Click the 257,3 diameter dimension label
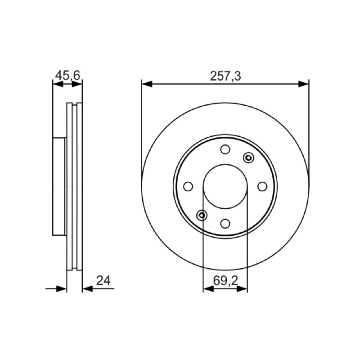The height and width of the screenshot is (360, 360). (x=225, y=76)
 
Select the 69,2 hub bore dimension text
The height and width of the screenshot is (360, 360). (x=225, y=280)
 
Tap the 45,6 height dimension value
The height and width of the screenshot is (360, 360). (x=67, y=75)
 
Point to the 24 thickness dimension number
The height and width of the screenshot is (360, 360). (x=103, y=280)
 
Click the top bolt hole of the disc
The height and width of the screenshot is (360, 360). (x=225, y=149)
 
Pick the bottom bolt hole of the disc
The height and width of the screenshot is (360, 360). (x=225, y=223)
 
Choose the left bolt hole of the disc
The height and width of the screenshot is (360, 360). (x=188, y=186)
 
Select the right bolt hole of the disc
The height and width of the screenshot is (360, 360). (x=262, y=186)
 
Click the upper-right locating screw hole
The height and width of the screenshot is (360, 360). (x=248, y=158)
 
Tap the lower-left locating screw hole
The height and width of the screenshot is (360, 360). (x=202, y=215)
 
